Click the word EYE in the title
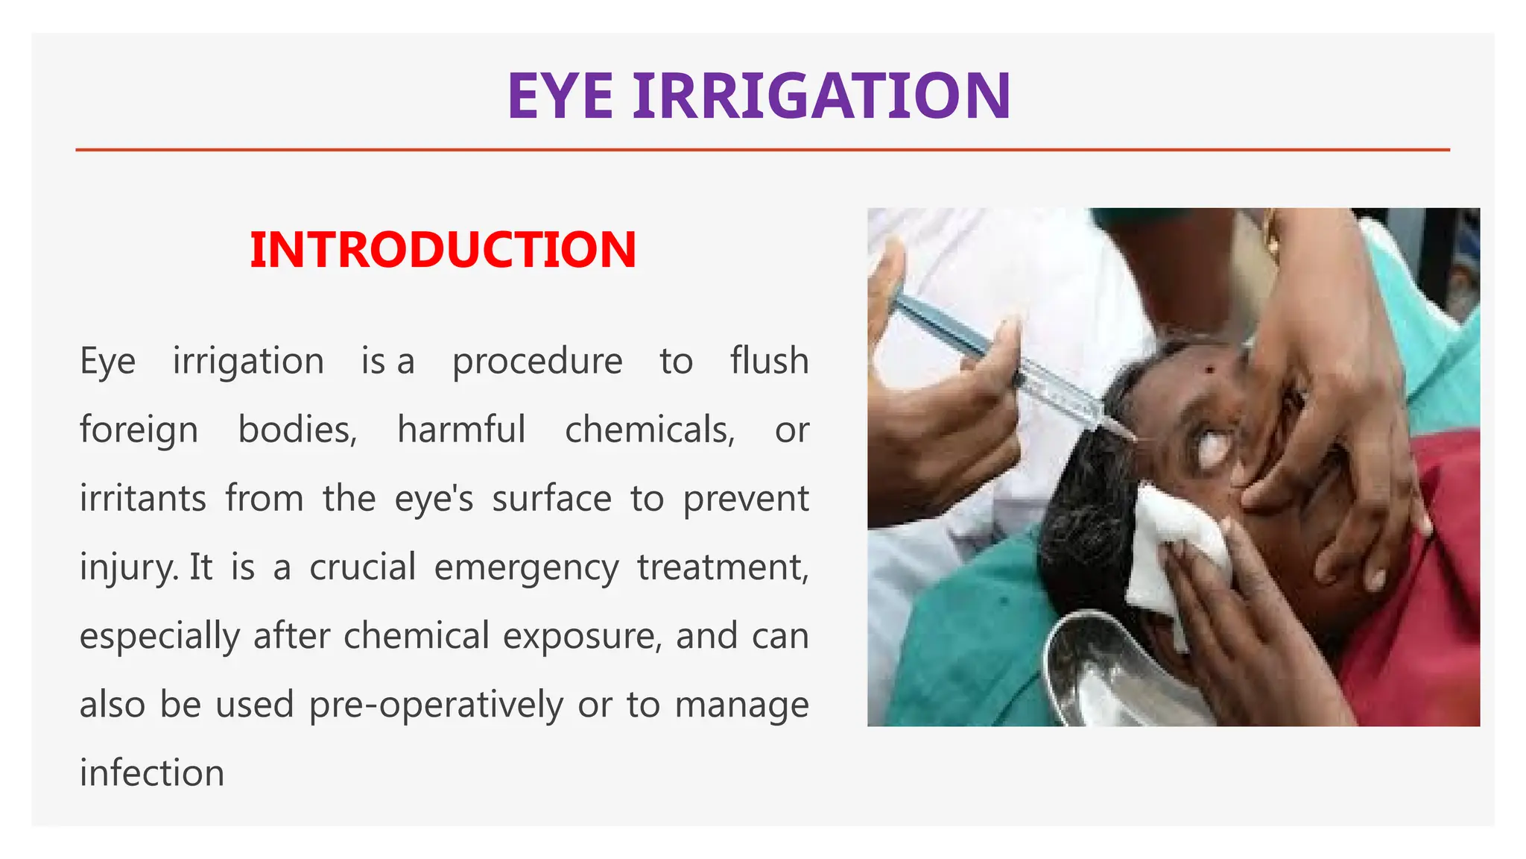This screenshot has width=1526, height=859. (560, 96)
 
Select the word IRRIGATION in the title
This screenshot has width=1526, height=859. (822, 96)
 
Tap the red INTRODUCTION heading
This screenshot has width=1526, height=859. (443, 250)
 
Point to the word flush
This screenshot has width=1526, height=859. (769, 361)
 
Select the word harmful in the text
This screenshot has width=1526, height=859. (461, 429)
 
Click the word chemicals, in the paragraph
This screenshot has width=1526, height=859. (650, 430)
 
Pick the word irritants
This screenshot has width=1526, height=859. (143, 498)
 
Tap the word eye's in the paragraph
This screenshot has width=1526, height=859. (434, 498)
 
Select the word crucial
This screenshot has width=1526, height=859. (363, 567)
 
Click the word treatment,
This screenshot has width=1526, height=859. (723, 567)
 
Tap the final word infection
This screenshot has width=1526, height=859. (152, 773)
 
